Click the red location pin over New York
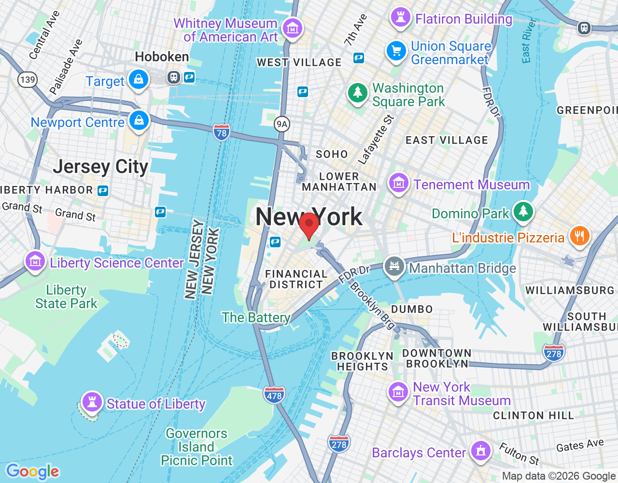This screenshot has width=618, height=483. click(x=309, y=224)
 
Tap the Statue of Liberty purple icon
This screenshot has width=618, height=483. click(x=92, y=401)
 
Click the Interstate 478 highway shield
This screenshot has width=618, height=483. click(x=274, y=395)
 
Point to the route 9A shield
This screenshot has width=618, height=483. click(x=281, y=124)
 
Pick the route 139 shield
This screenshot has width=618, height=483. click(x=28, y=79)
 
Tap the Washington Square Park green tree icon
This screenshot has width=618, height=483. click(x=358, y=92)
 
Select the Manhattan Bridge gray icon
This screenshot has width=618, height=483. click(x=394, y=266)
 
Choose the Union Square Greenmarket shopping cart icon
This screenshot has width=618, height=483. click(x=396, y=51)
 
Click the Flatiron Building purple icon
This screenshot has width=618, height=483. click(x=400, y=17)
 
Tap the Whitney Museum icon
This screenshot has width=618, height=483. click(x=292, y=28)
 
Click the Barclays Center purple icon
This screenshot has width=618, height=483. click(x=480, y=451)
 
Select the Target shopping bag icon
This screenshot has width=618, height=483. click(x=139, y=79)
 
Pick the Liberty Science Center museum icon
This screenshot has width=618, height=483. click(x=35, y=261)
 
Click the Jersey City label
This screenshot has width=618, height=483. click(x=100, y=167)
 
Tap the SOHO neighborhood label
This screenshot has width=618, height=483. click(x=332, y=155)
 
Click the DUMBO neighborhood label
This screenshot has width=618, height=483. click(x=412, y=309)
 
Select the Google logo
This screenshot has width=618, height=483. click(x=32, y=471)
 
